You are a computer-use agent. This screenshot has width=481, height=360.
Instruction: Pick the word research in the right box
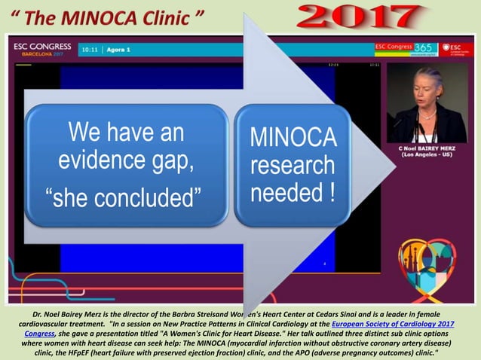293,164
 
